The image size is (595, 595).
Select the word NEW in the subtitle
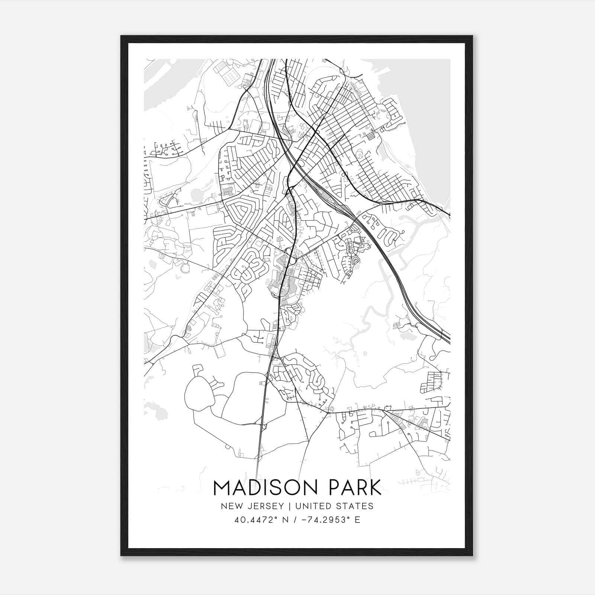tap(230, 506)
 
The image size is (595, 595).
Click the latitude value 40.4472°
tap(251, 520)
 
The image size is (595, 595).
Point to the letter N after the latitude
tap(276, 520)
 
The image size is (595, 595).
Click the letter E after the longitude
tap(357, 520)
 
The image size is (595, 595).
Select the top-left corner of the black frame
tap(121, 36)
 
